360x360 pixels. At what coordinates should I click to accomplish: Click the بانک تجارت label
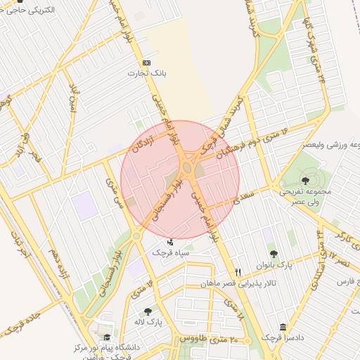146,72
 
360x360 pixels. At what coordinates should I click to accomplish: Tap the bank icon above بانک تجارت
146,63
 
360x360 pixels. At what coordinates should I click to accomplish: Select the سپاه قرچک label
168,250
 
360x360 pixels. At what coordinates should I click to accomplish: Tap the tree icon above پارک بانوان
273,255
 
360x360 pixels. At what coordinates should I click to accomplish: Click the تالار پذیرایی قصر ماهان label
257,285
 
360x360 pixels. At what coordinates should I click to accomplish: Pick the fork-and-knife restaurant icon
238,272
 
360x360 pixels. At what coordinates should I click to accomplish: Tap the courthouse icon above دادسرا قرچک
283,328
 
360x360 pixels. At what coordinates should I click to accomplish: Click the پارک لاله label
148,321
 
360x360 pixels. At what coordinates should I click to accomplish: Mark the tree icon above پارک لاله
148,311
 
